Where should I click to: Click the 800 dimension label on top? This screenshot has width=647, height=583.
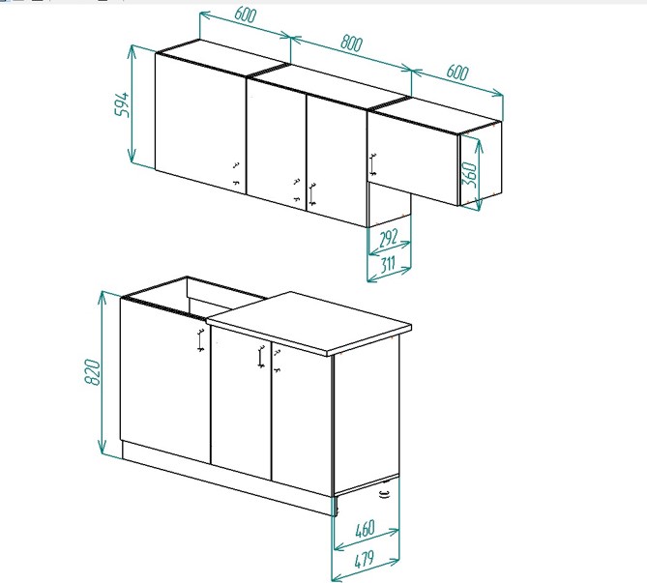click(x=352, y=44)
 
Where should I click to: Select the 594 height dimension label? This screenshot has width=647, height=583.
click(x=123, y=104)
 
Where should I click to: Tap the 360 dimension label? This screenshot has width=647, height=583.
click(x=470, y=174)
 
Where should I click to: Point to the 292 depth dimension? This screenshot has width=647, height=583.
click(x=388, y=239)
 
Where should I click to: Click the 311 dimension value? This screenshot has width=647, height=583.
click(x=388, y=264)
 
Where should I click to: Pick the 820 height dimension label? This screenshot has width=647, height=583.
click(x=93, y=372)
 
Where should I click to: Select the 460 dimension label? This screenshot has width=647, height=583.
click(x=365, y=529)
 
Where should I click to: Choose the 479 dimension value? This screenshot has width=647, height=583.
click(x=364, y=560)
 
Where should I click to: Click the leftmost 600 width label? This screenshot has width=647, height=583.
click(x=245, y=15)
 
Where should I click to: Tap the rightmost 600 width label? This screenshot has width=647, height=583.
click(x=457, y=73)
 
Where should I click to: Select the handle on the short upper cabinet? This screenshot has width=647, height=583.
click(x=373, y=164)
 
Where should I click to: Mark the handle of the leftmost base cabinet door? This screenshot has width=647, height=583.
click(x=200, y=340)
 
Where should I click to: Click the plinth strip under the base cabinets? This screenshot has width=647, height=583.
click(x=229, y=479)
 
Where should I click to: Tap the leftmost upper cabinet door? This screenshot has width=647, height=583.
click(x=201, y=124)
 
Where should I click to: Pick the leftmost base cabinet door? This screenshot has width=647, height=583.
click(x=165, y=380)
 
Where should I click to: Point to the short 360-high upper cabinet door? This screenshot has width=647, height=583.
click(x=413, y=158)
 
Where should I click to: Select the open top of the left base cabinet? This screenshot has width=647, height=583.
click(x=194, y=298)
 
